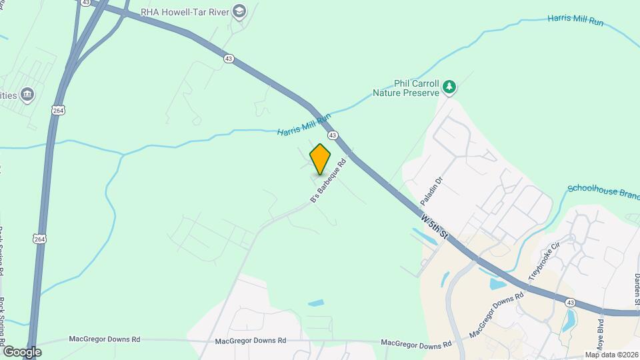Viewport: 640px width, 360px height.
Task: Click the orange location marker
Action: pos(320,159)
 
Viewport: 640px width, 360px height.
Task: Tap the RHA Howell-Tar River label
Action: pos(183,11)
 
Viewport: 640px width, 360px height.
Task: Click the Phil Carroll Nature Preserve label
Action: pos(405,89)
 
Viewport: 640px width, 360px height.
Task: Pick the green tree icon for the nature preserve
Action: pos(450,86)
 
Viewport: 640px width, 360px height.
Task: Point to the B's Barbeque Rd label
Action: pos(329,181)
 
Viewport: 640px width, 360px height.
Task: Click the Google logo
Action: pos(22,352)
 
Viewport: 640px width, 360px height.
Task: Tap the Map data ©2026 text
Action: pos(611,355)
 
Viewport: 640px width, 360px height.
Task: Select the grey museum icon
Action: pos(27,95)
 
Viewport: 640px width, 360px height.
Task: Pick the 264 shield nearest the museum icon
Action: pos(58,109)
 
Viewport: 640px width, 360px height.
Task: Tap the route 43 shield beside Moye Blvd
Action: pos(570,303)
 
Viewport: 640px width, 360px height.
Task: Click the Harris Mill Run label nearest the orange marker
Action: pos(304,125)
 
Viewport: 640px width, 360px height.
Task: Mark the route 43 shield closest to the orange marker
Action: pos(332,135)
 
